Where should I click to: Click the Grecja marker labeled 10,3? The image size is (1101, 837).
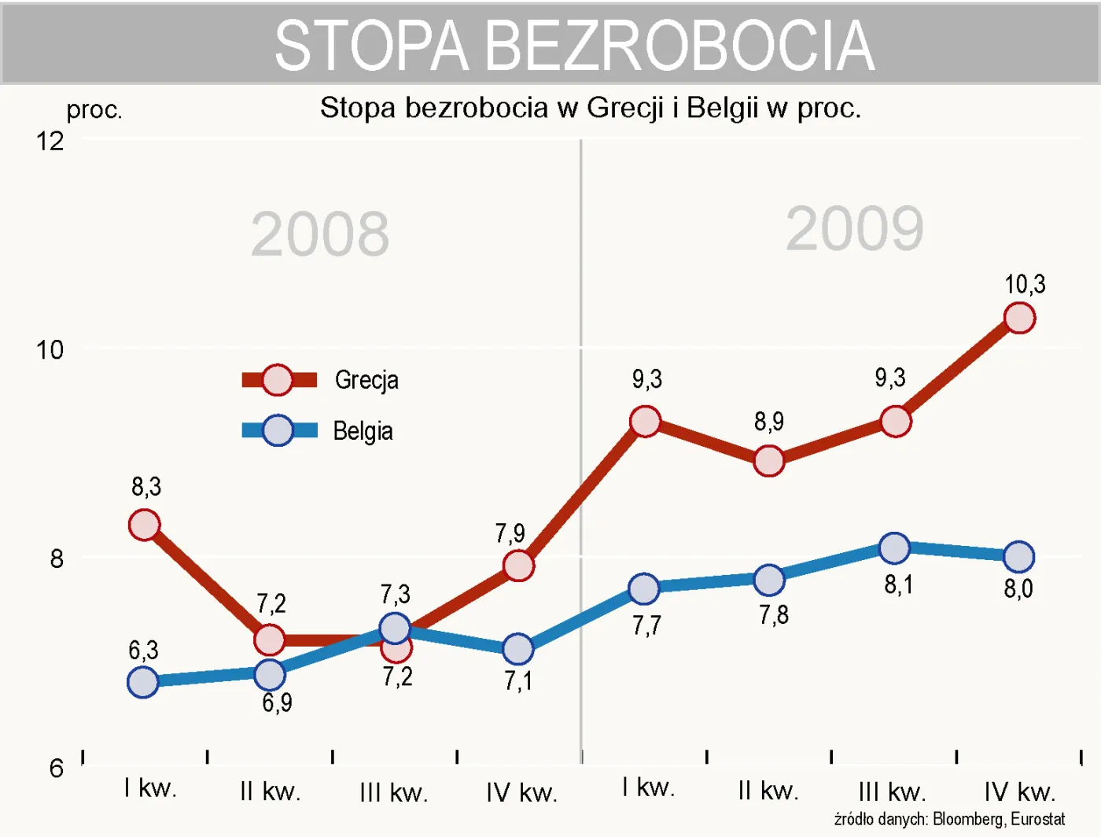[1019, 318]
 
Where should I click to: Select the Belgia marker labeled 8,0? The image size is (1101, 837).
[1018, 557]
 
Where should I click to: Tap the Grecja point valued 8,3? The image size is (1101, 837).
[145, 525]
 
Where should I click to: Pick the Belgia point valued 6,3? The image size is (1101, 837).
[143, 682]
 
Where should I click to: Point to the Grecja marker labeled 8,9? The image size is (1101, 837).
[768, 460]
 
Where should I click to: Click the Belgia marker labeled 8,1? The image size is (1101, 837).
[894, 548]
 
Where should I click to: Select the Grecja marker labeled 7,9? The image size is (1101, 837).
[518, 566]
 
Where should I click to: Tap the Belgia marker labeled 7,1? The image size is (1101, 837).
[517, 649]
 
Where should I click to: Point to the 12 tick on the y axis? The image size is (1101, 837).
[50, 142]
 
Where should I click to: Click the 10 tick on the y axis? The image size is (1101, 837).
[50, 350]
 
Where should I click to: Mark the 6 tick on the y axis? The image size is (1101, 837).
[57, 768]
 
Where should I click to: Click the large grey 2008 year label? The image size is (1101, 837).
[320, 234]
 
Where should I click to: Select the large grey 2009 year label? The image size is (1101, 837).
[855, 229]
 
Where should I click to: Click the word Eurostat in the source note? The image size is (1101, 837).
[1037, 819]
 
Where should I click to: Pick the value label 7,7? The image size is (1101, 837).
[646, 626]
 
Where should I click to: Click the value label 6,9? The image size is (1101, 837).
[277, 702]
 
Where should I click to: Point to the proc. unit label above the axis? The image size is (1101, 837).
[94, 110]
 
